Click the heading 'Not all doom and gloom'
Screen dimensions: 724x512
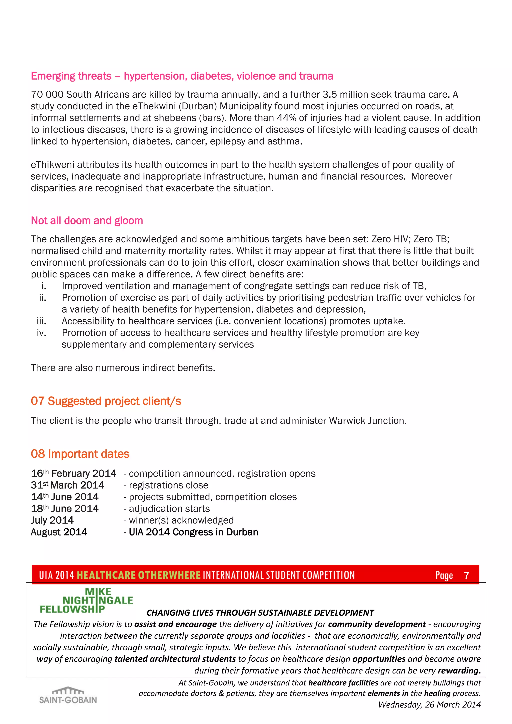click(x=87, y=221)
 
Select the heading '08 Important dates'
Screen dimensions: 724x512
click(x=80, y=454)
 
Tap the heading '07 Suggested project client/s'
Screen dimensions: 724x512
click(x=106, y=401)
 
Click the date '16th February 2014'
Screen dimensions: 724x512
click(x=73, y=474)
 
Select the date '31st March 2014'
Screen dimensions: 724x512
click(x=67, y=485)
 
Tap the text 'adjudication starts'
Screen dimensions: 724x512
click(x=169, y=509)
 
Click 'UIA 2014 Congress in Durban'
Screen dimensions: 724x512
click(x=193, y=532)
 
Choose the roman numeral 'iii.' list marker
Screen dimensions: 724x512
click(x=41, y=321)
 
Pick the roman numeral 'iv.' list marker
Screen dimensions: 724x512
click(x=41, y=333)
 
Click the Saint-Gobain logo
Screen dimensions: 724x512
click(x=68, y=695)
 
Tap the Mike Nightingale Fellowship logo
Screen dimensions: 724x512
click(x=86, y=601)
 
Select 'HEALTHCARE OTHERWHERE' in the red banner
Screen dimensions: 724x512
click(x=139, y=575)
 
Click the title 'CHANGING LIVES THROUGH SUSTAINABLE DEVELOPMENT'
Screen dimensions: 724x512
click(x=260, y=613)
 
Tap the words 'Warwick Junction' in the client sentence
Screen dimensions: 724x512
click(x=367, y=421)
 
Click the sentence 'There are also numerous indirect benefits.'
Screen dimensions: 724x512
click(x=123, y=368)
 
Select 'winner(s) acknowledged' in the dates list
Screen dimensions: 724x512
click(x=181, y=520)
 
